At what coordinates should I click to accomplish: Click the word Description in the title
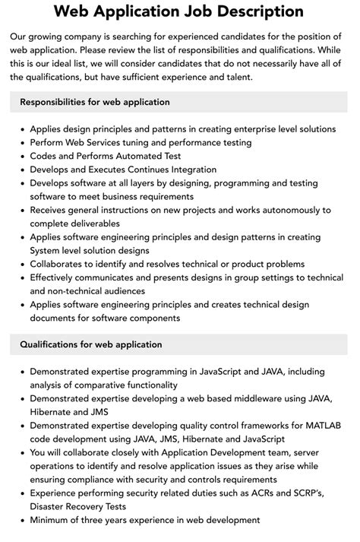(x=247, y=12)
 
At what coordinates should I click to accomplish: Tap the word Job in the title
(x=175, y=12)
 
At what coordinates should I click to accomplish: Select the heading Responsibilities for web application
(x=95, y=102)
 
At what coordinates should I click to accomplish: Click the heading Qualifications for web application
(x=90, y=344)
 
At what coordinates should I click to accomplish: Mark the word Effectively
(x=55, y=278)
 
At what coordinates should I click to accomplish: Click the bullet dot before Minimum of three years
(x=21, y=521)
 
